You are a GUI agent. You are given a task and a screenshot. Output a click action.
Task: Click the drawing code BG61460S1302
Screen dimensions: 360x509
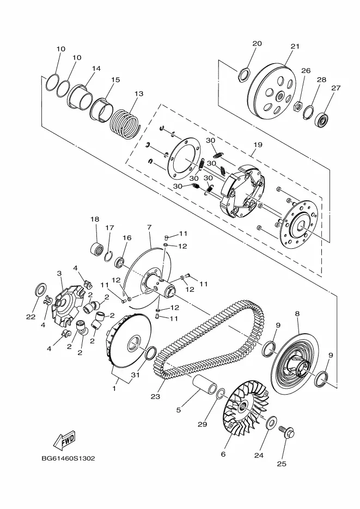[x=68, y=458]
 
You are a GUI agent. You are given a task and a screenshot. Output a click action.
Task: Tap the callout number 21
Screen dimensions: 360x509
[x=295, y=46]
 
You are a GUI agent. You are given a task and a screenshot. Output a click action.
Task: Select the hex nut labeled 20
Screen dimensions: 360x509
[x=244, y=75]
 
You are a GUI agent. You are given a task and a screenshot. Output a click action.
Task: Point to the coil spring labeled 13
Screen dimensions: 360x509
[x=124, y=123]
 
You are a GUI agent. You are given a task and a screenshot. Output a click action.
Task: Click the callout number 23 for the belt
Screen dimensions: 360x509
[x=155, y=396]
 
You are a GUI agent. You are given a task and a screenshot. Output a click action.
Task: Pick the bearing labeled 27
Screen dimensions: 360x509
[x=322, y=119]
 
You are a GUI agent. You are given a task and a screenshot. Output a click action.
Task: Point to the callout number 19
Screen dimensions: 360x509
[x=258, y=145]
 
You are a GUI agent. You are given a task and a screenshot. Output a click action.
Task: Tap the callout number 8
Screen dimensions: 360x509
[x=297, y=314]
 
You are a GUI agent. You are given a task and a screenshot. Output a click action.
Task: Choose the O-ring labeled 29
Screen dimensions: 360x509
[x=220, y=394]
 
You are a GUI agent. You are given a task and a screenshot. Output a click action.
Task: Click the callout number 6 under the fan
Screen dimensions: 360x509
[x=223, y=455]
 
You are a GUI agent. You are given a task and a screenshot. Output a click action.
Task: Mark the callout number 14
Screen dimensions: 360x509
[x=96, y=69]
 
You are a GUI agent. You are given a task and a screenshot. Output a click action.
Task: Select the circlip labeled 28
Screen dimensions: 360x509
[x=308, y=113]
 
